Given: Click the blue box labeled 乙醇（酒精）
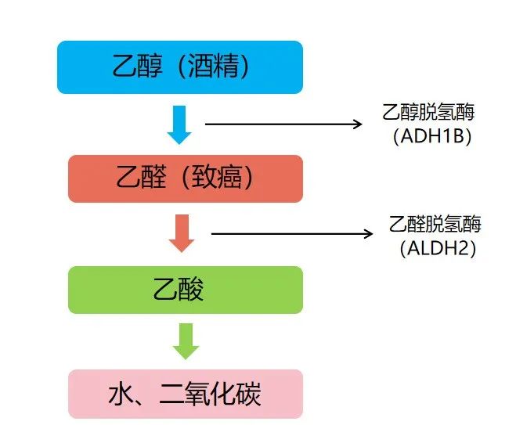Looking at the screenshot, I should tap(179, 67).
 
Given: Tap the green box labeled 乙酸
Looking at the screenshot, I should tap(185, 290).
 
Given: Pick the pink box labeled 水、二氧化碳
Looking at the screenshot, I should tap(185, 394).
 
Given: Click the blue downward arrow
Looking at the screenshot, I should tap(179, 124).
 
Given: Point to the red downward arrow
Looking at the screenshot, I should tap(182, 233).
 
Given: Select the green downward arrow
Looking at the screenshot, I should tap(186, 341).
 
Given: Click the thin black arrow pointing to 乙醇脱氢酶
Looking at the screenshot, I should tap(282, 124).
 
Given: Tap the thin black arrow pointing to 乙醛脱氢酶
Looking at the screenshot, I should tap(290, 232).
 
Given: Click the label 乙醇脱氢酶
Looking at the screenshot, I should tap(428, 113).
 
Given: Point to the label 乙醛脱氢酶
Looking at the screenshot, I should tap(435, 225).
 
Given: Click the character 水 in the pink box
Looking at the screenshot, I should tap(121, 394).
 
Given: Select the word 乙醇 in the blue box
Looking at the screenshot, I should tap(132, 67).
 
